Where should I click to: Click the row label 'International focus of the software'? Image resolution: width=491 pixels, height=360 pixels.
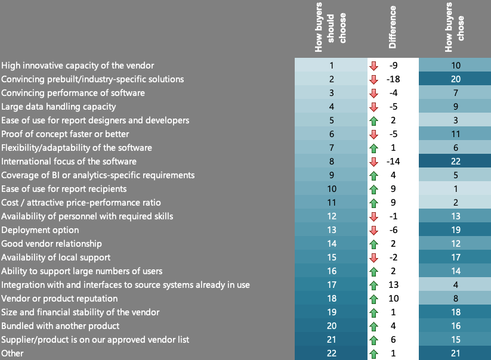pyautogui.click(x=69, y=162)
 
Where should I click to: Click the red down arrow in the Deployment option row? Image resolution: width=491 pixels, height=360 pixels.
pyautogui.click(x=374, y=230)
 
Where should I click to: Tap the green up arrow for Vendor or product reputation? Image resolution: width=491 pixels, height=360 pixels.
pyautogui.click(x=374, y=299)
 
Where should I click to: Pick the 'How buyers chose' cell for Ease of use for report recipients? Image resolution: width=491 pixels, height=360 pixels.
pyautogui.click(x=455, y=189)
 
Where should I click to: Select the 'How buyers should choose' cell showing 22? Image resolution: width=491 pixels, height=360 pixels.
pyautogui.click(x=332, y=353)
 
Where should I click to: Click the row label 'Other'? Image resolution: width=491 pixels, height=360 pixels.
pyautogui.click(x=12, y=353)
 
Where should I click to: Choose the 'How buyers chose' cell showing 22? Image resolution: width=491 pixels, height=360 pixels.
pyautogui.click(x=455, y=162)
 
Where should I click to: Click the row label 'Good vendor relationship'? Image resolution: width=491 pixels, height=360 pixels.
pyautogui.click(x=51, y=244)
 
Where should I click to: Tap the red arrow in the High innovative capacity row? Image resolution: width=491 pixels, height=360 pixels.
pyautogui.click(x=374, y=66)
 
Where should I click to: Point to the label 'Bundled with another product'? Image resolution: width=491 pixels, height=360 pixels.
pyautogui.click(x=60, y=326)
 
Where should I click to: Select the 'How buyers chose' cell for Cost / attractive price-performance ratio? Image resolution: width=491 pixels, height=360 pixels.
pyautogui.click(x=455, y=203)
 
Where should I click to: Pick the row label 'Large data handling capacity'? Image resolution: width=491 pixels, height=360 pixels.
pyautogui.click(x=58, y=107)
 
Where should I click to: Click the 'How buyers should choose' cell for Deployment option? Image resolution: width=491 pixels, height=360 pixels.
pyautogui.click(x=332, y=230)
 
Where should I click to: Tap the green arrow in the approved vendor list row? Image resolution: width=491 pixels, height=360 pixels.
pyautogui.click(x=374, y=340)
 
